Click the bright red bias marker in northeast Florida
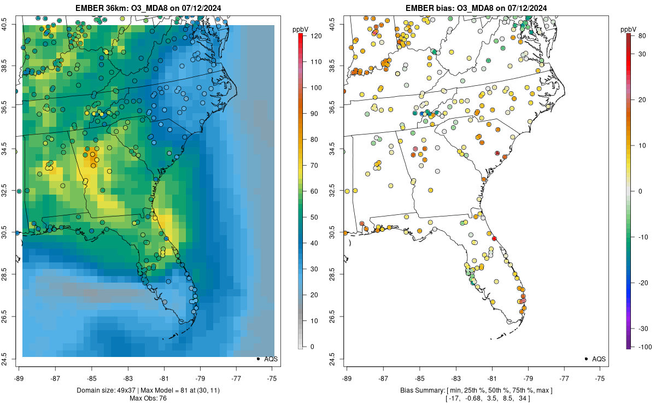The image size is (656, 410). tap(494, 239)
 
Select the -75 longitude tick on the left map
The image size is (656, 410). tap(272, 378)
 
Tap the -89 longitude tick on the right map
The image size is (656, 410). tap(347, 378)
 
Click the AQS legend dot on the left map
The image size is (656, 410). tap(257, 359)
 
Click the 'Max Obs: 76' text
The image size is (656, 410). tap(149, 398)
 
